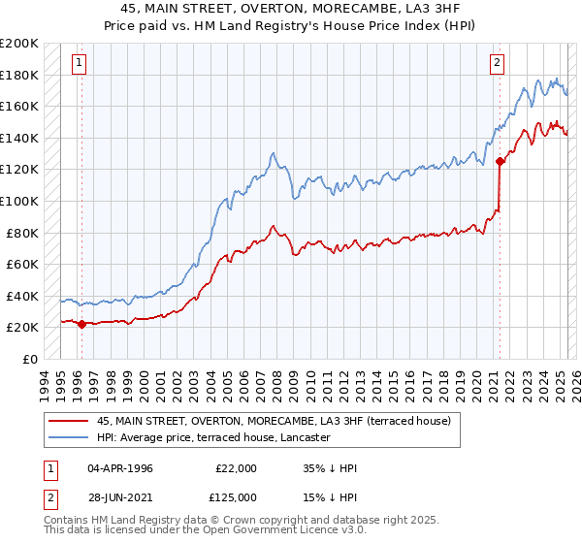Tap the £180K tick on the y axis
click(19, 75)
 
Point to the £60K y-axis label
click(22, 264)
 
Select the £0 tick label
click(30, 359)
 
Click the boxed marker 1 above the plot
click(79, 63)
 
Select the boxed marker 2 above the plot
click(497, 63)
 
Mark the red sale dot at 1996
click(81, 324)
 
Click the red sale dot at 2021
click(500, 162)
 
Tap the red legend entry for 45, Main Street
click(262, 422)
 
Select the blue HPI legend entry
click(213, 438)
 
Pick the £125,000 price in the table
click(236, 497)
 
